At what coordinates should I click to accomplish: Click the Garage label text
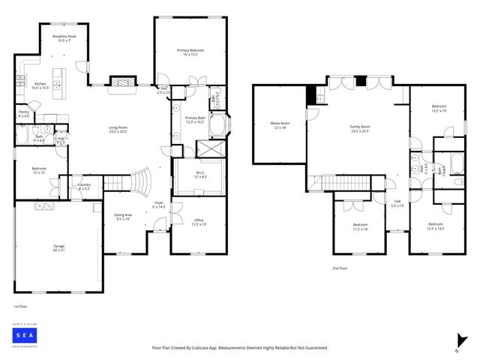tap(58, 248)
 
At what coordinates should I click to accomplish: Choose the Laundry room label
tap(84, 186)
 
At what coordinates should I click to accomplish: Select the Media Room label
tap(280, 125)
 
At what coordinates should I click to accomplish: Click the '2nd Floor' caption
tap(340, 267)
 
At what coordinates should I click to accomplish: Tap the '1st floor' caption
tap(20, 307)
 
